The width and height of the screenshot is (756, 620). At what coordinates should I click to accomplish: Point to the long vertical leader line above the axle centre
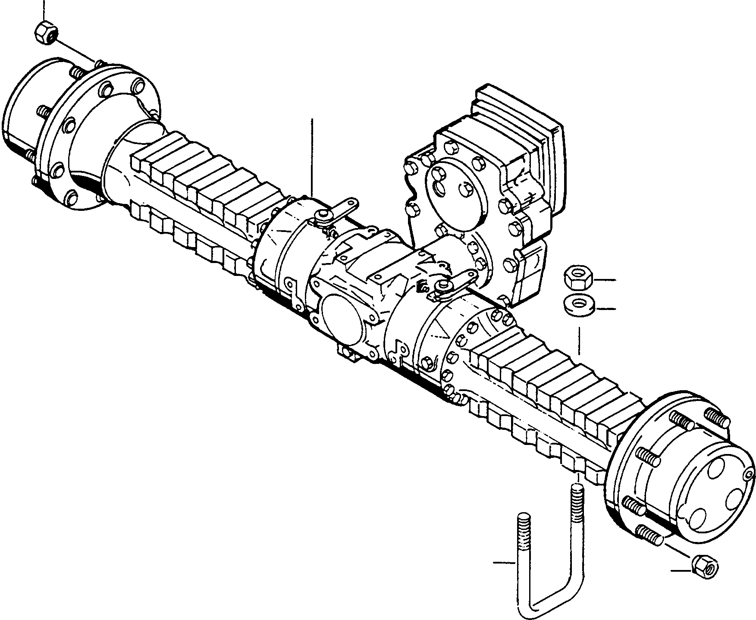point(311,155)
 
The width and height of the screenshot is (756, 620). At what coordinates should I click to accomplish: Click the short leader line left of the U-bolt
point(504,562)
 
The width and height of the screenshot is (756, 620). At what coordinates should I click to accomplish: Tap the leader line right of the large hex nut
point(605,280)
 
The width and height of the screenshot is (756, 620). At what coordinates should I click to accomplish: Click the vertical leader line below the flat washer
point(579,341)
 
